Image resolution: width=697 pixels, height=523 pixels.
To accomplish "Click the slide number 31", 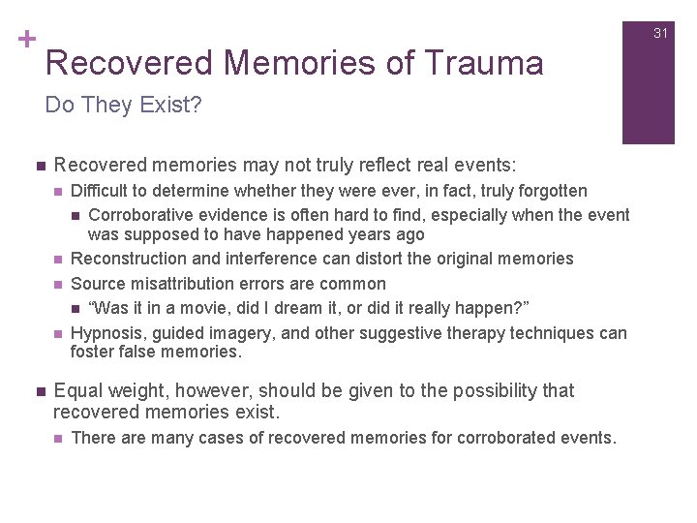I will [x=661, y=33].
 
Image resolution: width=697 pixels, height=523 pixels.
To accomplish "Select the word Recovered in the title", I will [x=129, y=64].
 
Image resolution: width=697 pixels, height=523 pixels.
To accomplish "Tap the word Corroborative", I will [x=138, y=215].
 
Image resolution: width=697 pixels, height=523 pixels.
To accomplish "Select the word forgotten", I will [x=551, y=191].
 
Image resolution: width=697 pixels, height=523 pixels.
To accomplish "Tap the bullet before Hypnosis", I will [x=59, y=333].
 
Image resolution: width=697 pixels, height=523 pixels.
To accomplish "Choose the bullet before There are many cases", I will [x=59, y=438].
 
